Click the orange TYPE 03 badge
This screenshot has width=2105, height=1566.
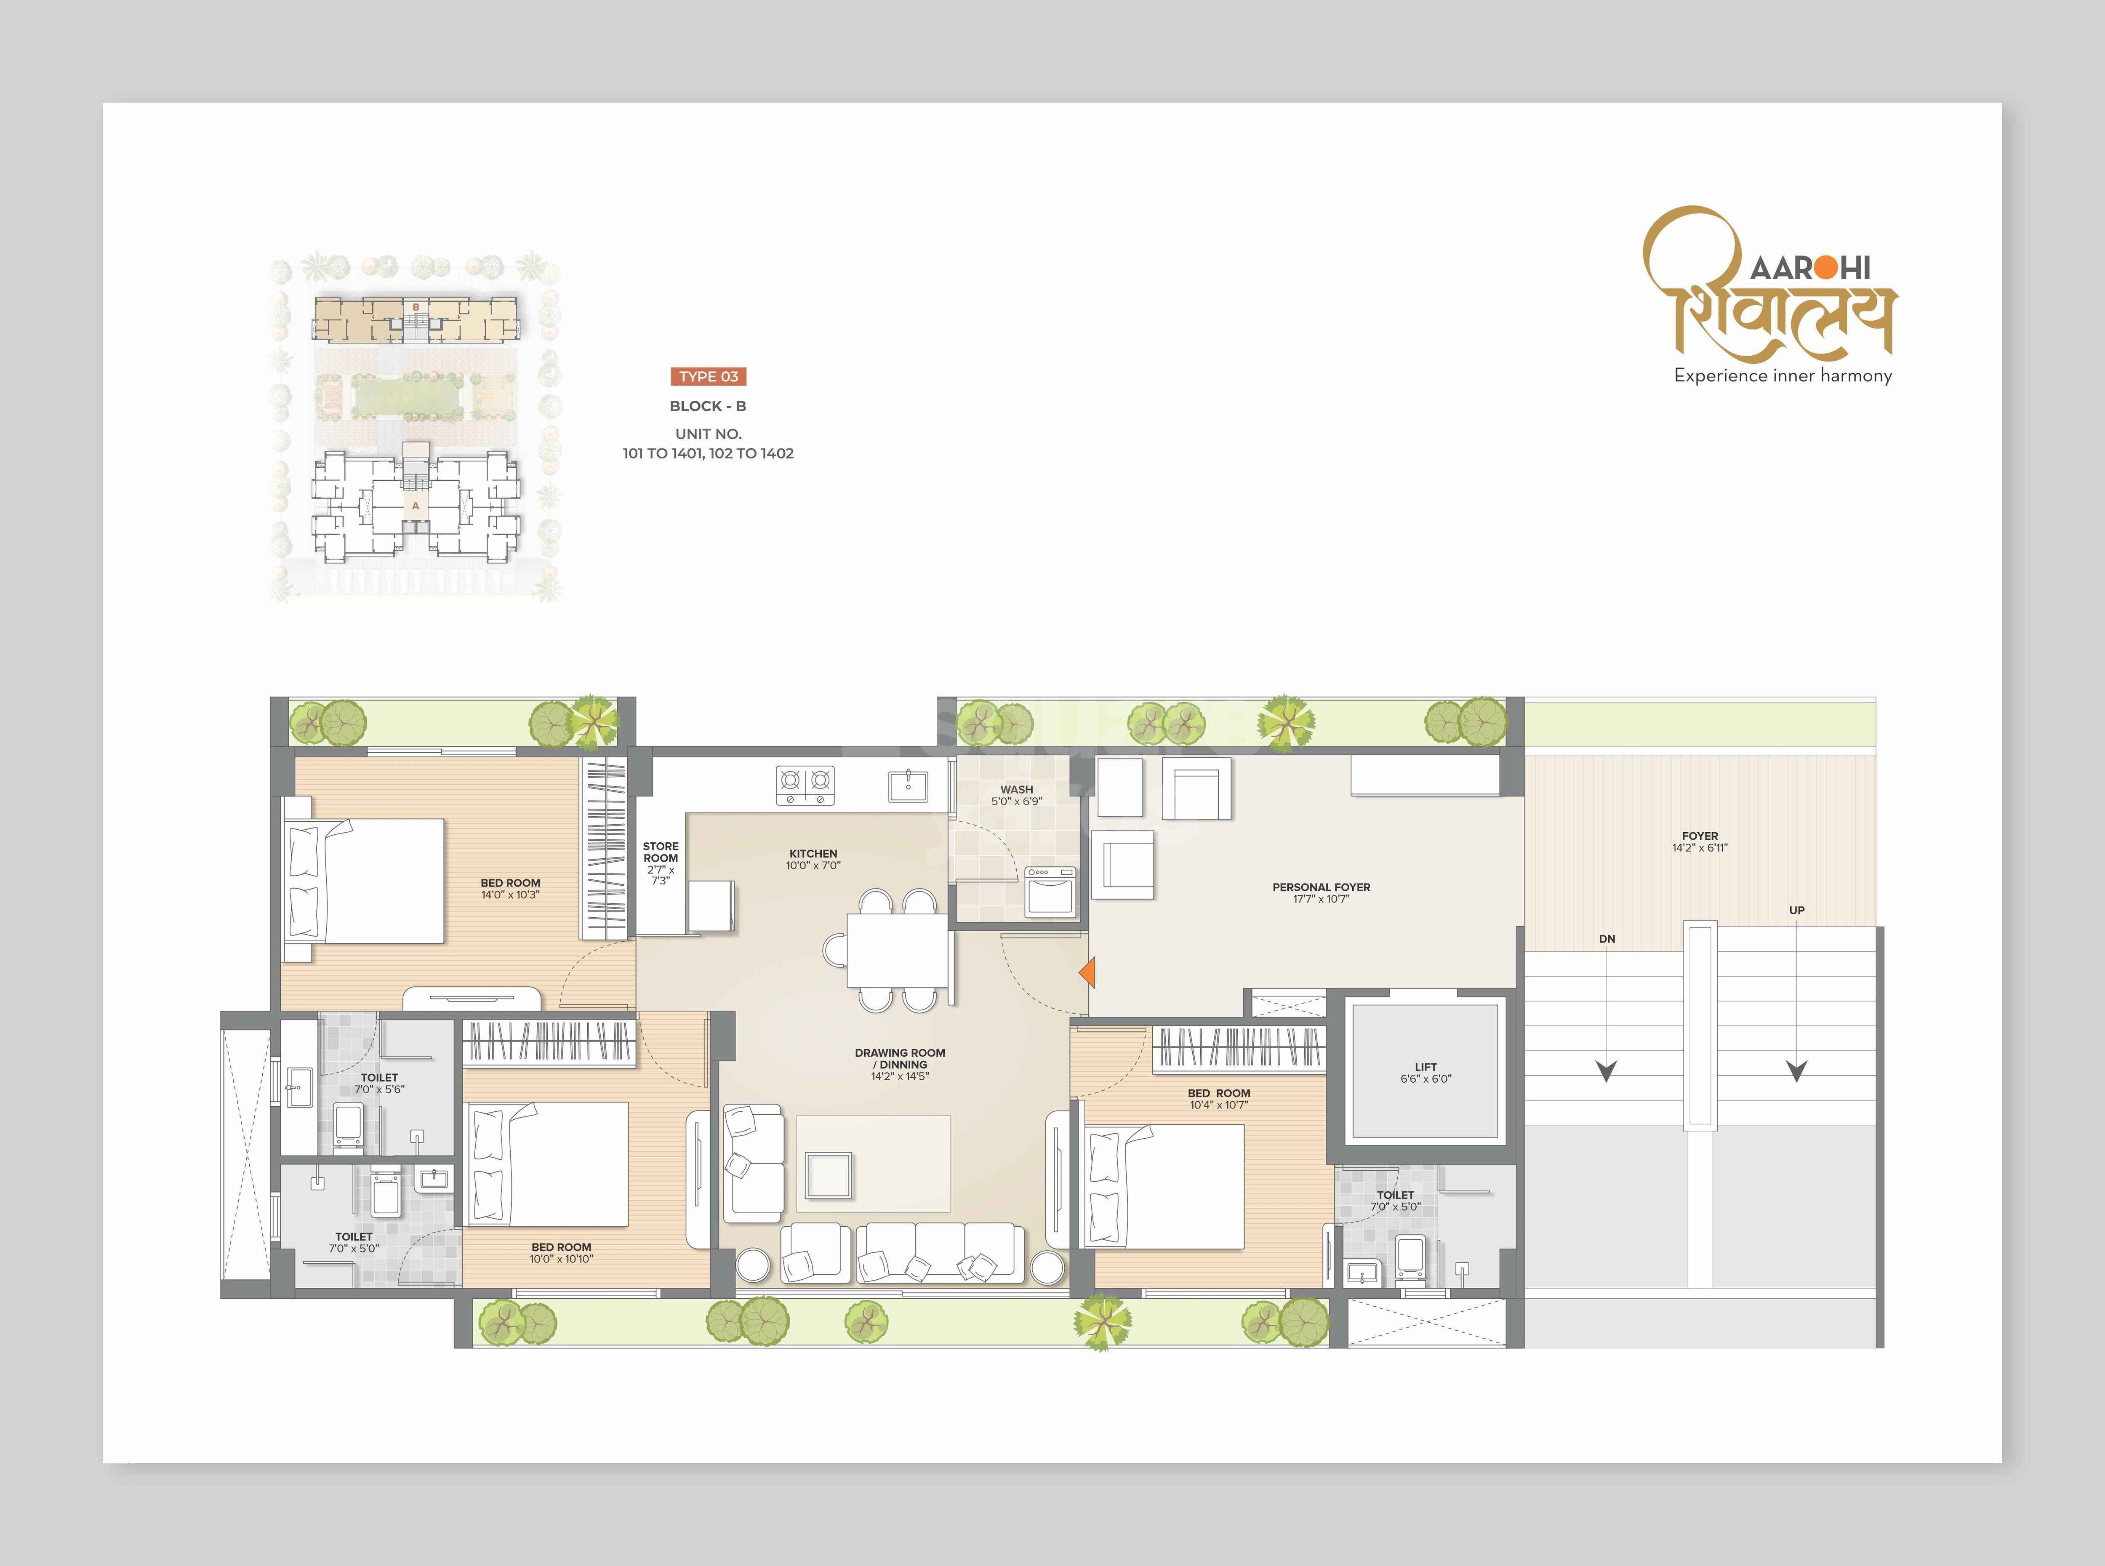(708, 376)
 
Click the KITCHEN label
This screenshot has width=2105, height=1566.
(813, 853)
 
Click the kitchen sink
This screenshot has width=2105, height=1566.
(908, 786)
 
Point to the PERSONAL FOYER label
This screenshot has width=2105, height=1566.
(1321, 887)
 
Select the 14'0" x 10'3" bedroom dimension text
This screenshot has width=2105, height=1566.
(510, 895)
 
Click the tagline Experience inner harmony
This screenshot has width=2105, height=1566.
(1783, 376)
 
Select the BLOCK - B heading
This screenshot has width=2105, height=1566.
(708, 406)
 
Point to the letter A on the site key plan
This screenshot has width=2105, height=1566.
(415, 506)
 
